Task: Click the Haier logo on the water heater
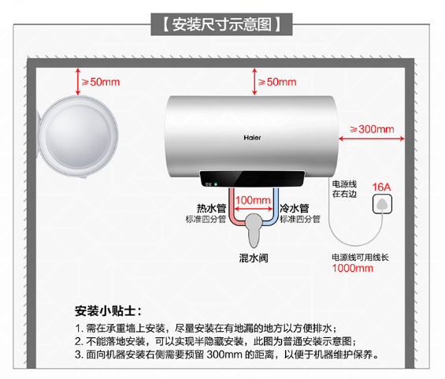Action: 252,138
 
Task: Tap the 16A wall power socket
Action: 382,204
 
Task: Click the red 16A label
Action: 381,187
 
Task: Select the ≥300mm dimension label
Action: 372,129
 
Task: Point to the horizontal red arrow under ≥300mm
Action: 372,139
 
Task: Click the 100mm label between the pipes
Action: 253,200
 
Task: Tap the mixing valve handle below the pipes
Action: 254,230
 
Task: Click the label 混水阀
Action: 254,258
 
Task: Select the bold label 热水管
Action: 211,208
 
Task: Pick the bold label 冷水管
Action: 295,208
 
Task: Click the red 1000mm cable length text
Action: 353,268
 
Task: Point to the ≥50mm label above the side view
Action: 101,82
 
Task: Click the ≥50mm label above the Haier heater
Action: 277,82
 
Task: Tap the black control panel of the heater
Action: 252,179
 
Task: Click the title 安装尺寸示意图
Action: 222,24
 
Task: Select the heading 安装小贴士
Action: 108,311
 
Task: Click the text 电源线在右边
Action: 344,189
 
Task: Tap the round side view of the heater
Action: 78,136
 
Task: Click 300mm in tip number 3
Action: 224,355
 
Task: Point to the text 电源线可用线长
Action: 361,258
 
